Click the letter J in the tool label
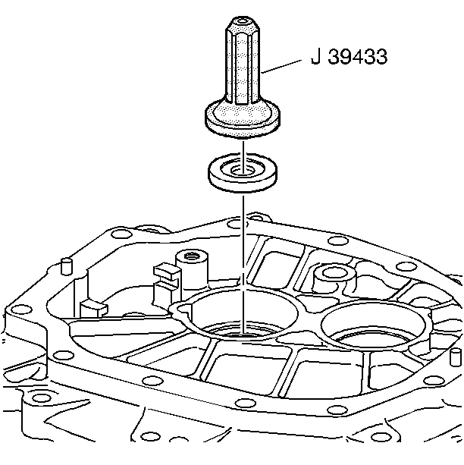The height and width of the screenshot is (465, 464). (x=316, y=56)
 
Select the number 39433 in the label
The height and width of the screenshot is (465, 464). (x=358, y=56)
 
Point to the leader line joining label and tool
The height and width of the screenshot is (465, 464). (x=282, y=67)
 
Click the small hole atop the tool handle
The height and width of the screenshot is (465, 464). (x=243, y=21)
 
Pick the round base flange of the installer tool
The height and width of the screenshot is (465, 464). (x=243, y=118)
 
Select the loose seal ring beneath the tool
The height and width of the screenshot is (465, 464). (x=243, y=173)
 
